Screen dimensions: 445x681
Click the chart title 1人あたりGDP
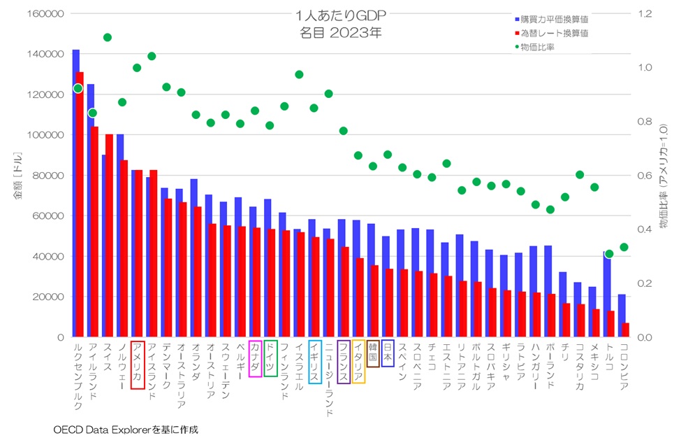pos(341,15)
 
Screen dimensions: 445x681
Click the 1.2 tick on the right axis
pos(643,14)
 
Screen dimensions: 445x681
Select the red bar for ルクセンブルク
pos(80,210)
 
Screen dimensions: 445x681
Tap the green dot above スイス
pos(108,37)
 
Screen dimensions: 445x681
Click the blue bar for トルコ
pos(607,294)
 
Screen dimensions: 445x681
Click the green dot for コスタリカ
pos(580,175)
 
